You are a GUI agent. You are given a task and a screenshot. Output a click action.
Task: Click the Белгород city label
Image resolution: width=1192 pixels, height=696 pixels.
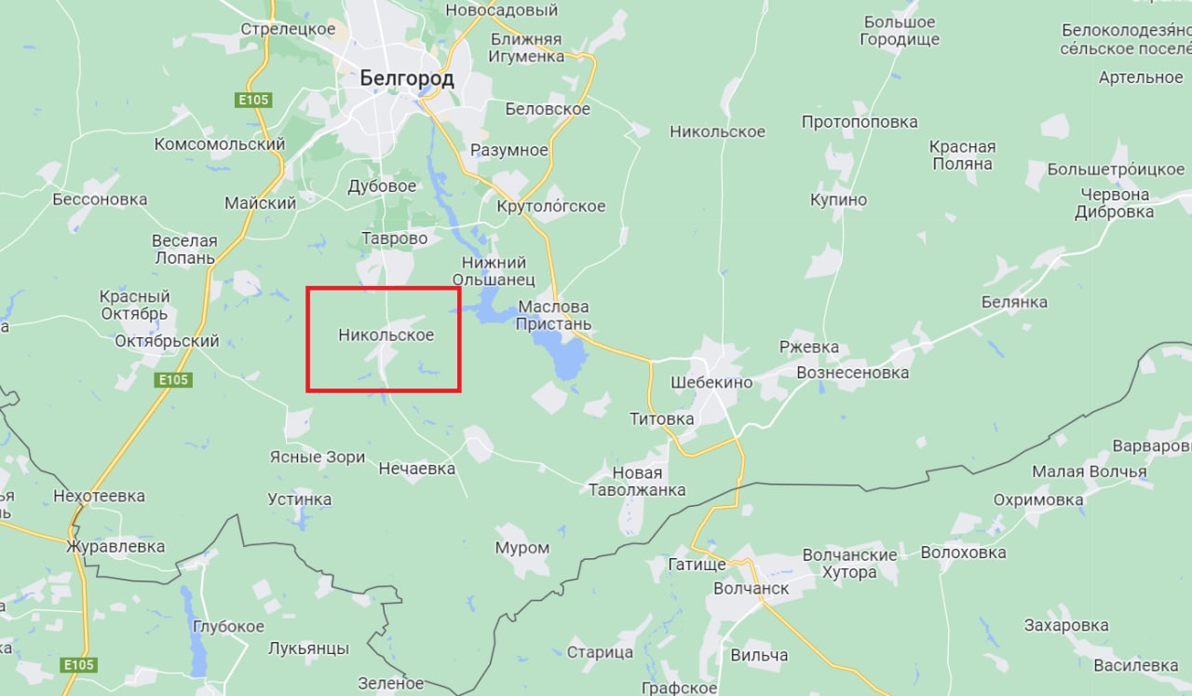[x=407, y=78]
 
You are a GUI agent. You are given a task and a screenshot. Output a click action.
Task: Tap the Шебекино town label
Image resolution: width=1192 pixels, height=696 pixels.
[x=711, y=382]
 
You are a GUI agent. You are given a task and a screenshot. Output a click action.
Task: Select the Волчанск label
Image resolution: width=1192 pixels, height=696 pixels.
[x=751, y=589]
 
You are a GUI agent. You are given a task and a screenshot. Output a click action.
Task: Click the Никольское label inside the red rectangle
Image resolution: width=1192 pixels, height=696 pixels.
[x=386, y=334]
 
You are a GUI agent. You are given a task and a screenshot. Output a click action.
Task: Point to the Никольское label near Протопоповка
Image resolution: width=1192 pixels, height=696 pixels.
[x=717, y=131]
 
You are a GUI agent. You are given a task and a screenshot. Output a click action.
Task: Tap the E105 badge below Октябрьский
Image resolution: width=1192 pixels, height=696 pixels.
[x=173, y=379]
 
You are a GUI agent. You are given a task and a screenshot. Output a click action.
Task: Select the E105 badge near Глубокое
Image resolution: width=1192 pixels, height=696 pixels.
[x=79, y=664]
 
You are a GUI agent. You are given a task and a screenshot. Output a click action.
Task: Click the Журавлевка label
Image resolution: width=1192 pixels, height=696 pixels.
[x=115, y=547]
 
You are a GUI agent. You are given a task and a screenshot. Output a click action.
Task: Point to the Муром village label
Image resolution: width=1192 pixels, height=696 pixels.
[x=521, y=548]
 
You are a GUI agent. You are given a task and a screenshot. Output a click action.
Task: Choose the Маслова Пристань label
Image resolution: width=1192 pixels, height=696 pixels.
[x=554, y=315]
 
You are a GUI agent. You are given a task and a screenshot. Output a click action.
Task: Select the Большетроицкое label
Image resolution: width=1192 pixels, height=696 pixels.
[x=1116, y=170]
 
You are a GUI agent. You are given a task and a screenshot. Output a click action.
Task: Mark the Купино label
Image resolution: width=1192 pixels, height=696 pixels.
[x=838, y=199]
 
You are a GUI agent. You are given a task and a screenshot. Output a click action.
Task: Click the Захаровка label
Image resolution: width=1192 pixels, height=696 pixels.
[x=1065, y=625]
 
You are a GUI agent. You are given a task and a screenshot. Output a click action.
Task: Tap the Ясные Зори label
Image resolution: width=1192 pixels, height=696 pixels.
[x=317, y=457]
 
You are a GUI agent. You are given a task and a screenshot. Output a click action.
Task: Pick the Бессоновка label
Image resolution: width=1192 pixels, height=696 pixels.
[x=100, y=199]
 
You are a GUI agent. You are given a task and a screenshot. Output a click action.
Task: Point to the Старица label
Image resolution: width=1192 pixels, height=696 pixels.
[x=600, y=652]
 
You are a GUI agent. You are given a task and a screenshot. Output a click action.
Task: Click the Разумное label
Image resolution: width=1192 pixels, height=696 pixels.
[x=509, y=150]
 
